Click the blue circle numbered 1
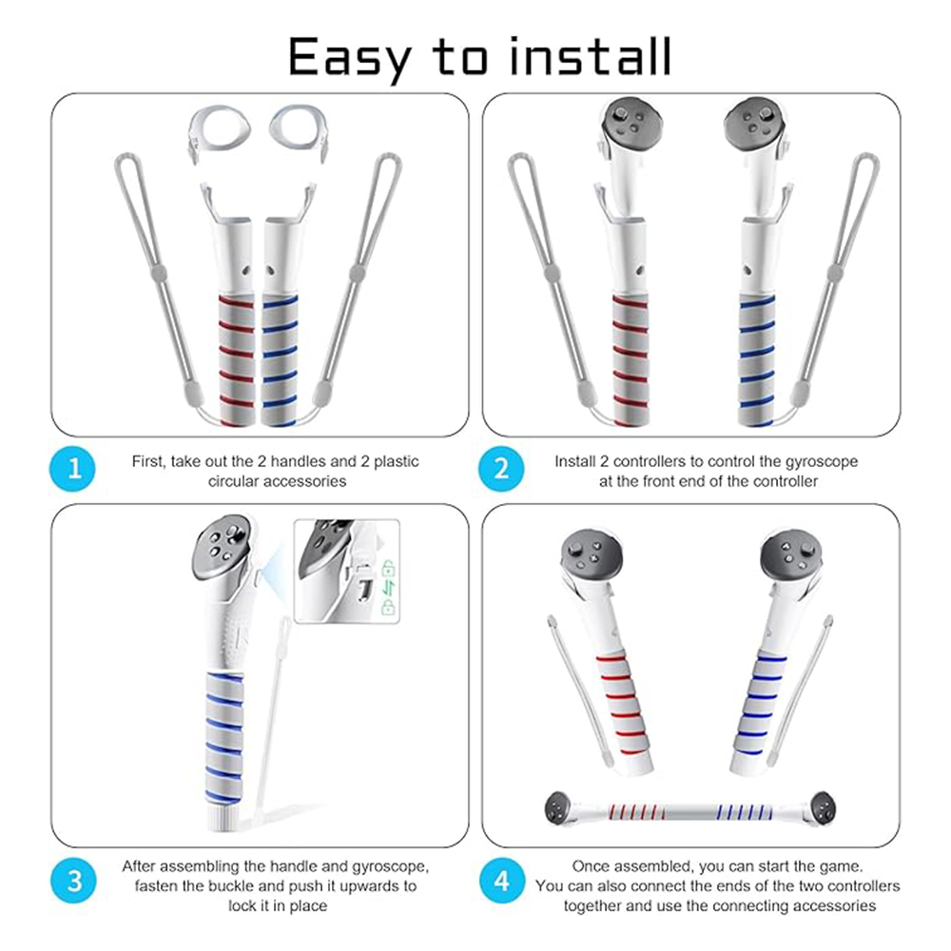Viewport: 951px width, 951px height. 73,469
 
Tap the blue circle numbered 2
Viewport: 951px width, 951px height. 501,469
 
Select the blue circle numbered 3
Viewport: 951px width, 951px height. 73,881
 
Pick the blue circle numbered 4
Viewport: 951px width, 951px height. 501,881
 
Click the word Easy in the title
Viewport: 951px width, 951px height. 350,58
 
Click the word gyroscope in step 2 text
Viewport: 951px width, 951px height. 822,461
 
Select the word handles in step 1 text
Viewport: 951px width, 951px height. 298,461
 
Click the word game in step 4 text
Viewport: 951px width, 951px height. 843,866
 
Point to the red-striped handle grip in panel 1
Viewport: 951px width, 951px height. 237,360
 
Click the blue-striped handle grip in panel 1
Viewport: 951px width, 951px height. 280,360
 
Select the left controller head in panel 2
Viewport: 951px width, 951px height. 631,125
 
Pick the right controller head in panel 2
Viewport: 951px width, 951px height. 754,125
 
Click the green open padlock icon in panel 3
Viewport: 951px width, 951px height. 389,569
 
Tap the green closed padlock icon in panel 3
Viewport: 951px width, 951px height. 389,607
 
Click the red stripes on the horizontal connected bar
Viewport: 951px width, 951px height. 636,811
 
